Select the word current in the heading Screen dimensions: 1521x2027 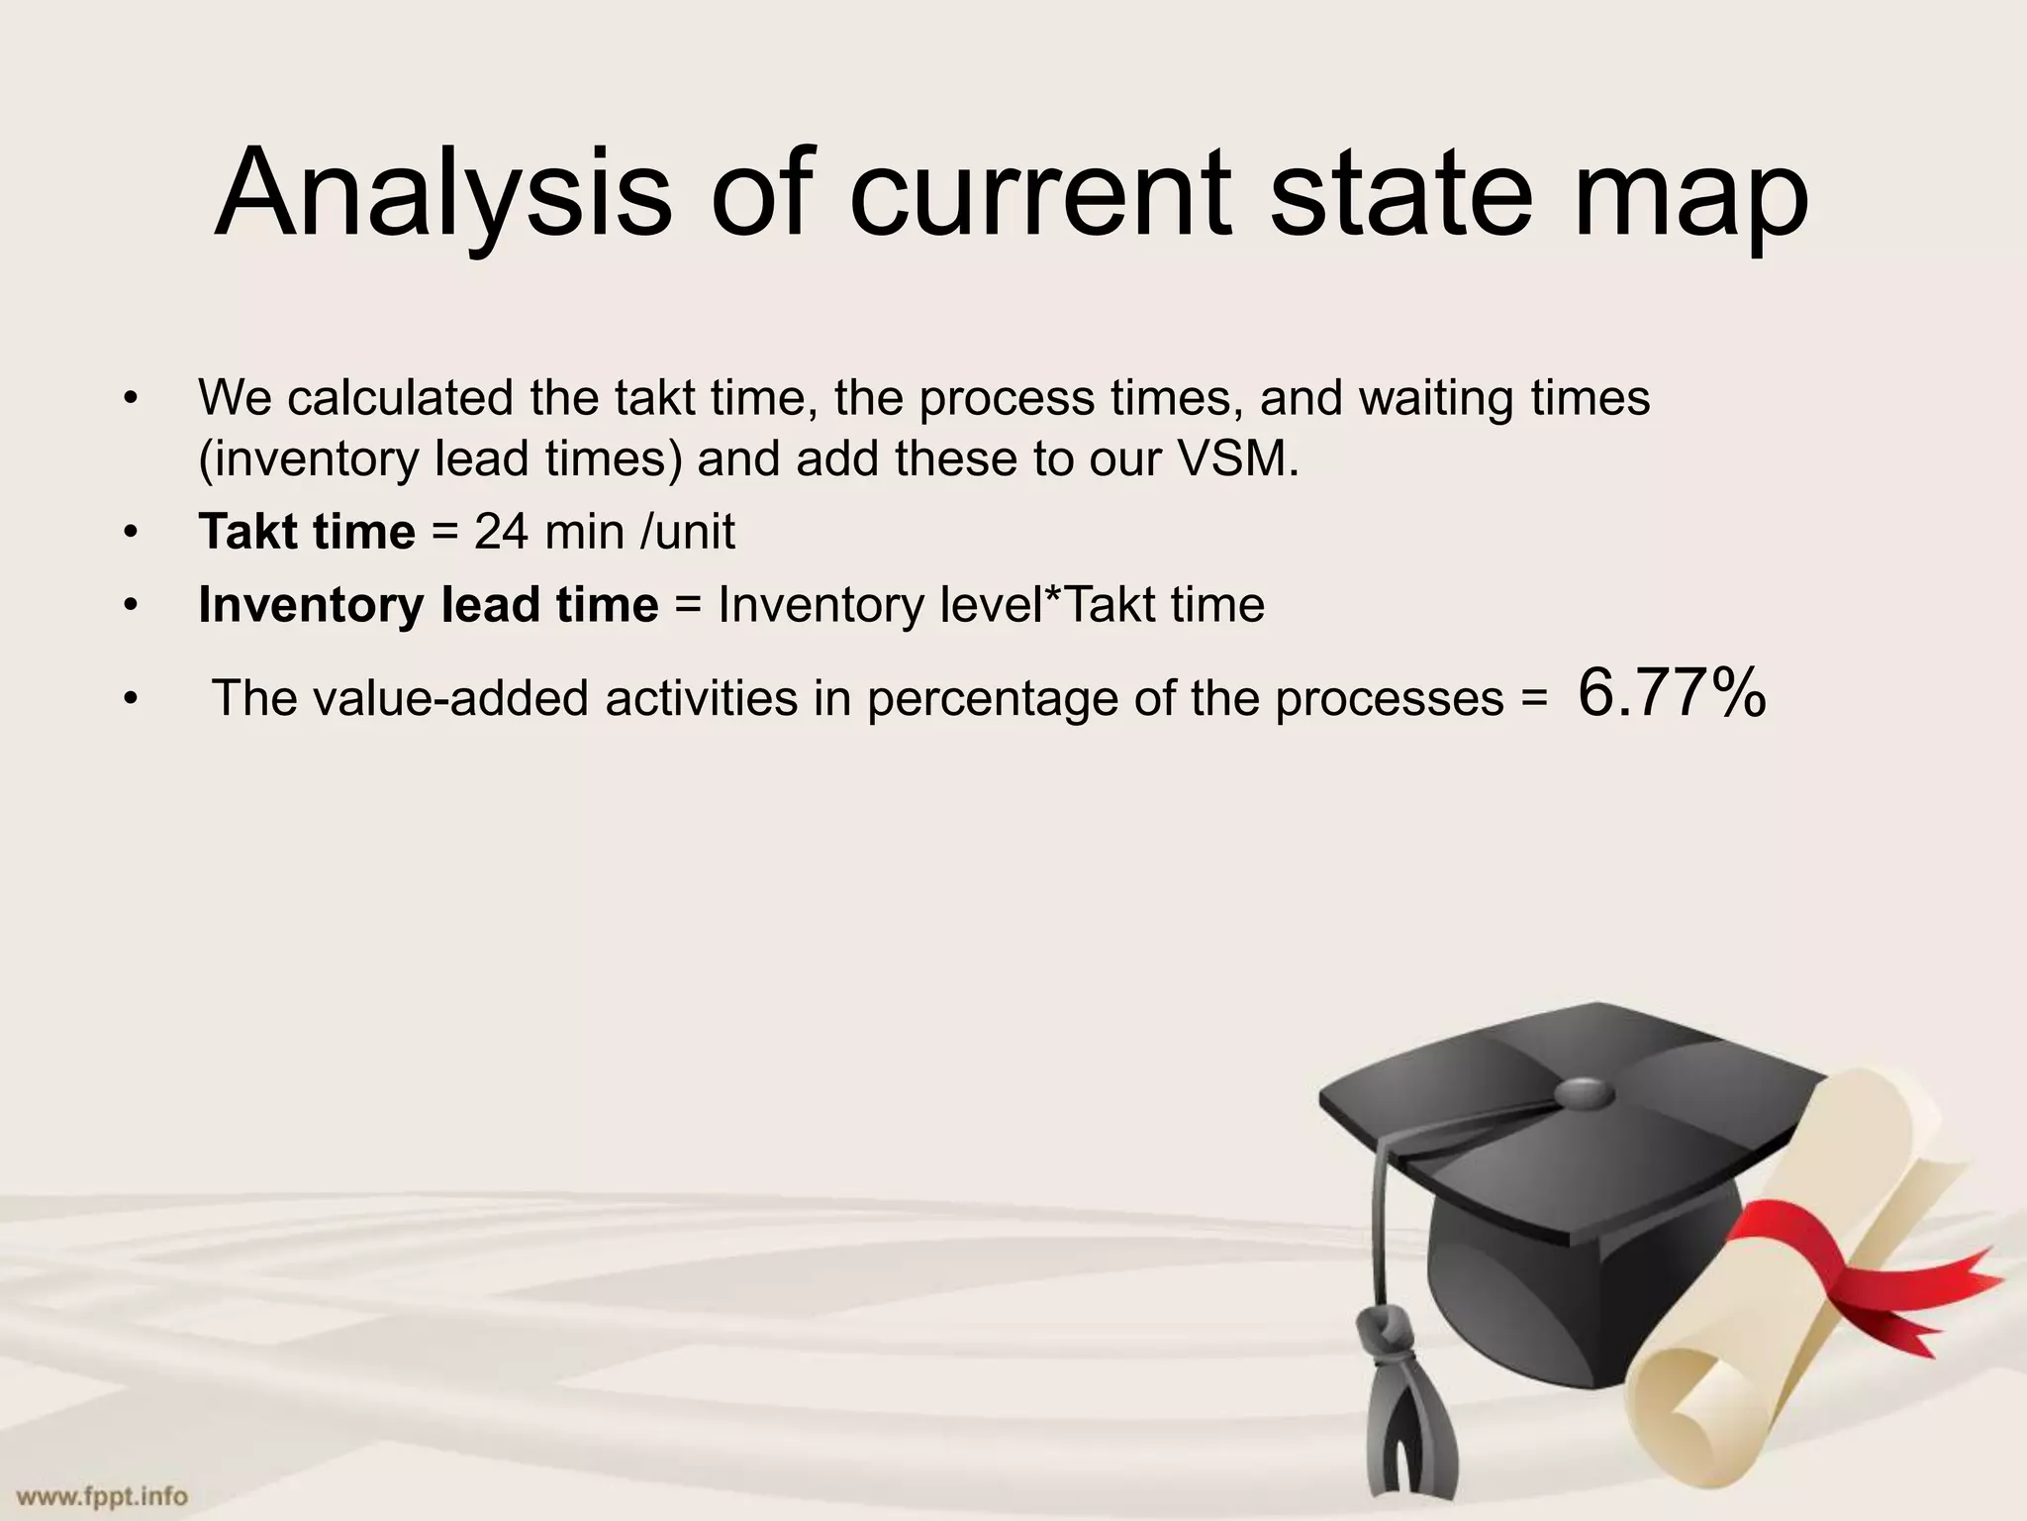(1040, 193)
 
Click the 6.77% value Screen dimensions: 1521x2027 (1672, 692)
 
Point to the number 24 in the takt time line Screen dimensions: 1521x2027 (501, 532)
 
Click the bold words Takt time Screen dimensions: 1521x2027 (307, 532)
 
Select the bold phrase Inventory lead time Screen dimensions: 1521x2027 (428, 604)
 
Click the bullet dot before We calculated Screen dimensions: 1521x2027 (130, 399)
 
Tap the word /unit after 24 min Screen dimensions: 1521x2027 (688, 532)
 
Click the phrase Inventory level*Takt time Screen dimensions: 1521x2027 (991, 604)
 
